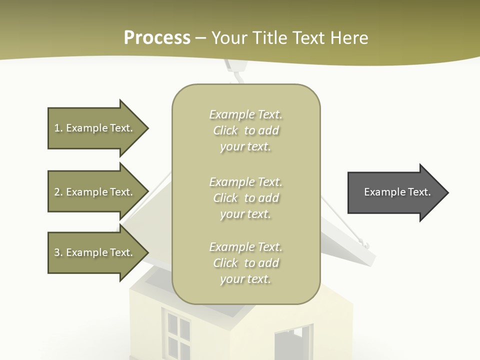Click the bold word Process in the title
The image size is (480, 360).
tap(157, 38)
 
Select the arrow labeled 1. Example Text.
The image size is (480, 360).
tap(97, 128)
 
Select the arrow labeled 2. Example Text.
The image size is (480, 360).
tap(97, 192)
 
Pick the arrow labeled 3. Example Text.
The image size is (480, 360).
tap(97, 252)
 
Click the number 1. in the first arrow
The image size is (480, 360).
tap(58, 128)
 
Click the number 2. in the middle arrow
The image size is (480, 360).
tap(58, 192)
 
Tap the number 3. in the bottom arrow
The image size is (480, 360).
tap(58, 252)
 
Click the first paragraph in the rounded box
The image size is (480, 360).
tap(245, 130)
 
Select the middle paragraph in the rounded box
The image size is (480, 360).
tap(245, 198)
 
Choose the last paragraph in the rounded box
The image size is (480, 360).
tap(245, 263)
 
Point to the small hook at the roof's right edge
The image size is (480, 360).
tap(365, 244)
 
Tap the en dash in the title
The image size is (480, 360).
tap(201, 38)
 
